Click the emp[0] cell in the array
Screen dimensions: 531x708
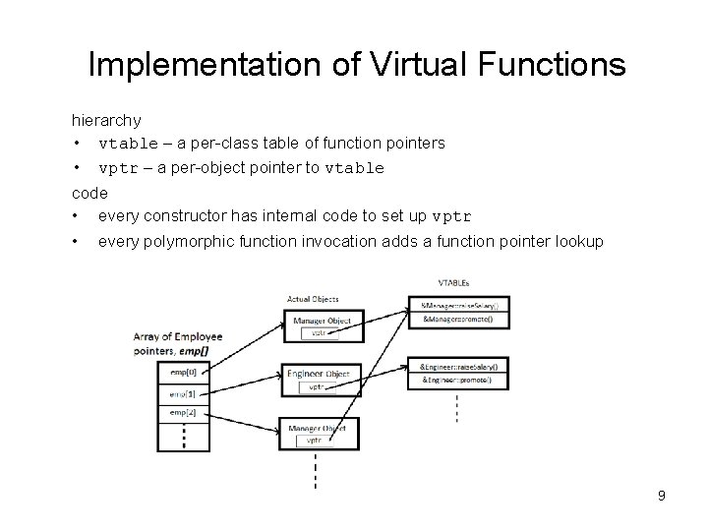(x=182, y=372)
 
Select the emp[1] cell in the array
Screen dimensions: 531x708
(x=182, y=392)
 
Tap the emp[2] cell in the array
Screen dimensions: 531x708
(x=182, y=412)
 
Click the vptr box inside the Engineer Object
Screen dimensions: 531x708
(x=317, y=387)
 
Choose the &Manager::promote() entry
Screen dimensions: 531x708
(x=457, y=321)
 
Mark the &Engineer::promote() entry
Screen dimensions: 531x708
(x=457, y=381)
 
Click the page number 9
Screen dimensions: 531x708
(x=662, y=496)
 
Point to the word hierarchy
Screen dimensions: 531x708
(x=106, y=120)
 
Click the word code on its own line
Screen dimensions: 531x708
(x=89, y=193)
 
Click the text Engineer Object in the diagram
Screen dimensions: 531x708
(x=318, y=374)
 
